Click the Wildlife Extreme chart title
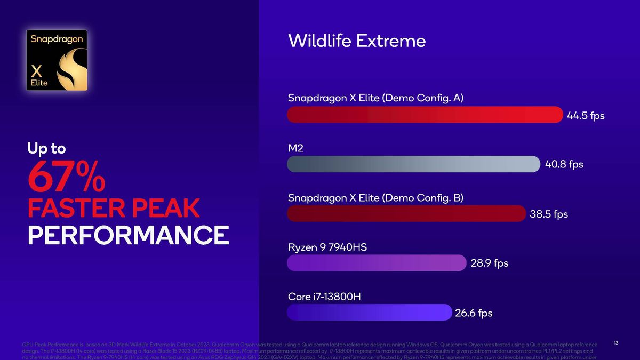[356, 41]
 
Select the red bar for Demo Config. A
[425, 115]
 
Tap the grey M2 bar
[413, 164]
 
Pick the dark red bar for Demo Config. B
[406, 213]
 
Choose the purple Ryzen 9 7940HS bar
[377, 263]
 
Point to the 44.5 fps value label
[586, 116]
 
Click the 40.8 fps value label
[564, 165]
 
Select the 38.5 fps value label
[548, 214]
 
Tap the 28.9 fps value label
[489, 263]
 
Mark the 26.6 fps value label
[473, 313]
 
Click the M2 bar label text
[295, 148]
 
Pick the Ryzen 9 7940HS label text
[327, 247]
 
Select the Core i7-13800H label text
[324, 297]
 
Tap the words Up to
[46, 148]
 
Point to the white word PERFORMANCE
[128, 235]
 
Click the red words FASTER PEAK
[113, 209]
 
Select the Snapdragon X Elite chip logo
[57, 60]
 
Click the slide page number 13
[616, 343]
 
